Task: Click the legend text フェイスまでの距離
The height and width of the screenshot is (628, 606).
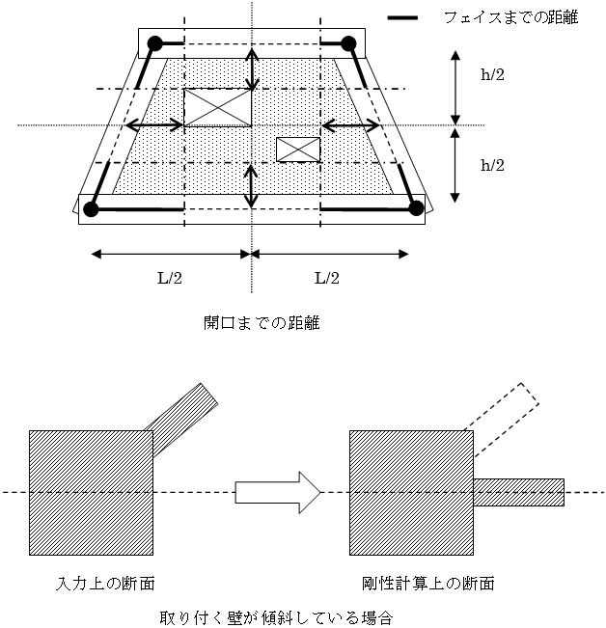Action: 511,17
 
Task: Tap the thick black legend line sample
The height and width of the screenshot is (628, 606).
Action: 402,17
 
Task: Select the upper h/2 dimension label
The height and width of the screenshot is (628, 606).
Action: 492,74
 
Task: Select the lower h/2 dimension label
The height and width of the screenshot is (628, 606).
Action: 492,165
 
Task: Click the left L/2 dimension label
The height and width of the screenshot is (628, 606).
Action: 170,278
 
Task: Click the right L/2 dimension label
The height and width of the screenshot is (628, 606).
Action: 327,278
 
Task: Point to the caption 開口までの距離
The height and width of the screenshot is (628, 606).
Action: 262,323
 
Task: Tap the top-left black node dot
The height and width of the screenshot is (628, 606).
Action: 155,43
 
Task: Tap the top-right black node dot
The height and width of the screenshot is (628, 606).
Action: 348,43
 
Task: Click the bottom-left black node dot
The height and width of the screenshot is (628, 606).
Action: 91,209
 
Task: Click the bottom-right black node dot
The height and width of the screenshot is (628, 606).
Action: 416,208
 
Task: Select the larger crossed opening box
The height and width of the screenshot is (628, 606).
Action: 217,107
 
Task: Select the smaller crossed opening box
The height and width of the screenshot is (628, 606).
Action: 298,150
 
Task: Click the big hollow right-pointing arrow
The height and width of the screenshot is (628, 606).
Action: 278,492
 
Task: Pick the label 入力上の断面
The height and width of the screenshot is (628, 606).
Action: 105,583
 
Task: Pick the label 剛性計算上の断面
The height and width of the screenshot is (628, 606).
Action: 427,583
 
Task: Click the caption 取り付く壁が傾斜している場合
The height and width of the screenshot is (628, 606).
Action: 276,617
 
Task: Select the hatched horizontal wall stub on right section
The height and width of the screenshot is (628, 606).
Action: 519,492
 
